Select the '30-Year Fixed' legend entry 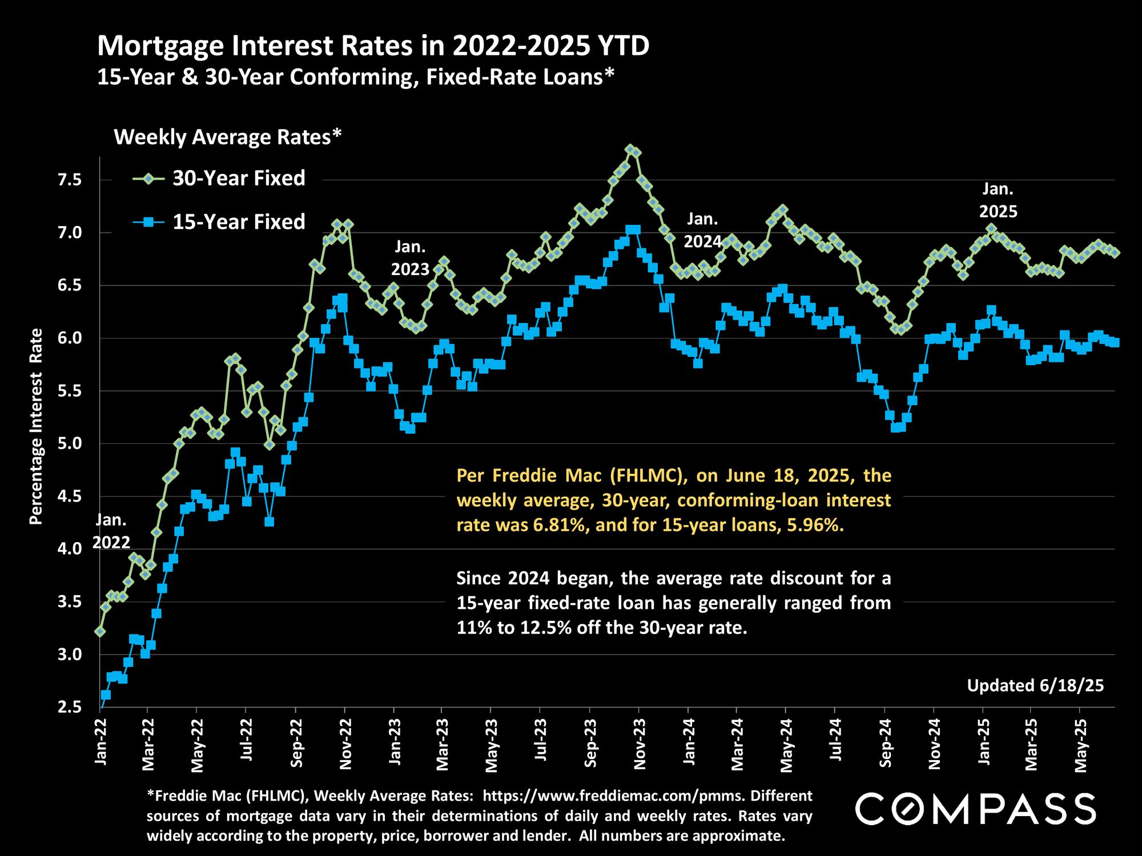[x=239, y=179]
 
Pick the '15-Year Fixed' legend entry [x=239, y=221]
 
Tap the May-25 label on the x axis [x=1080, y=745]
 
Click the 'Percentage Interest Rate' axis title [x=36, y=426]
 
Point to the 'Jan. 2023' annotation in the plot [x=410, y=259]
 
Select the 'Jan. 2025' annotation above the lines [x=998, y=200]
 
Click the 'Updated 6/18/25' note [x=1035, y=685]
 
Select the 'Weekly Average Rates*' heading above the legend [x=228, y=137]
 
